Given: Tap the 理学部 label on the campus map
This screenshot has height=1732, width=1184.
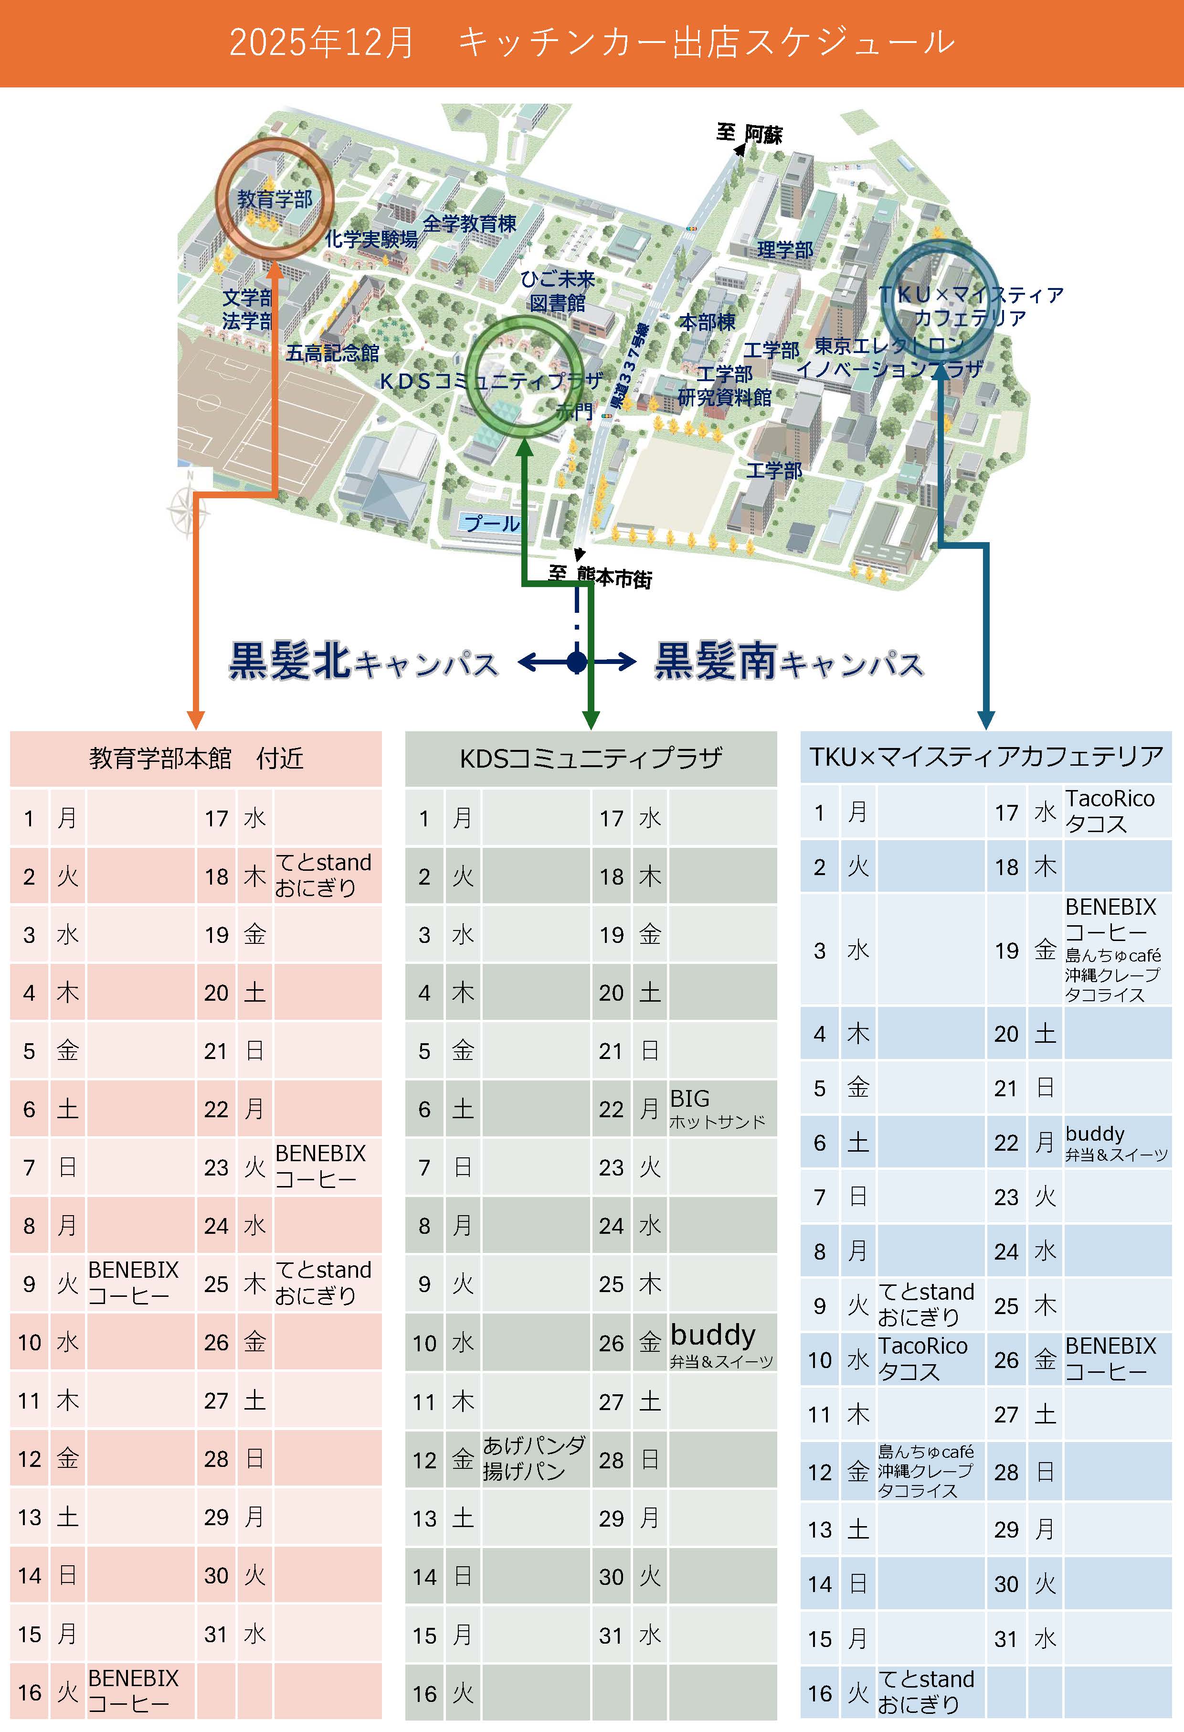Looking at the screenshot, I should [784, 250].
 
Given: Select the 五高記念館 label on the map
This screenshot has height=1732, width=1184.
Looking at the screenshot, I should [332, 353].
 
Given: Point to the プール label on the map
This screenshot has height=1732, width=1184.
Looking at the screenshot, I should [492, 523].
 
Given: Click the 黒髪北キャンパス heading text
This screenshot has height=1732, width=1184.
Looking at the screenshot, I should [363, 661].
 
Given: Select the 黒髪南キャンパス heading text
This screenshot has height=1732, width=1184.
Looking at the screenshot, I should [788, 661].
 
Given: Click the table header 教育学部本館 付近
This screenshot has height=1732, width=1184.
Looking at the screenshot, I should [196, 759].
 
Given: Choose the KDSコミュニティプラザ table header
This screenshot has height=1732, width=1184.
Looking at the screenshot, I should [591, 759].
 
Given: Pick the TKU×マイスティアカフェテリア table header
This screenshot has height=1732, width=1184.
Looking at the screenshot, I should [986, 757].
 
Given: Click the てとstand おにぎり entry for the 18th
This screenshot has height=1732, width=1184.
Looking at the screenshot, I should [323, 875].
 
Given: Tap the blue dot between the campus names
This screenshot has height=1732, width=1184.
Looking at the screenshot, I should [576, 661].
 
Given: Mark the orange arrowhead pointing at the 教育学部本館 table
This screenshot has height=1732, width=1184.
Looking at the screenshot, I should [196, 719].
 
